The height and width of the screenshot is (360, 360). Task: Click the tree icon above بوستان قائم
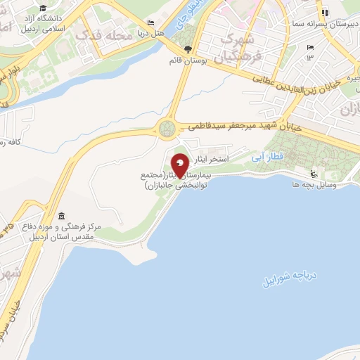tap(187, 49)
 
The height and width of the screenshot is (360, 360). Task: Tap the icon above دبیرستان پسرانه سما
tap(324, 12)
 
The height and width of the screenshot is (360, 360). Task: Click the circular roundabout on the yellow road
tap(168, 129)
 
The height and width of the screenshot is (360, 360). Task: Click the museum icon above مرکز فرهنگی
tap(61, 215)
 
